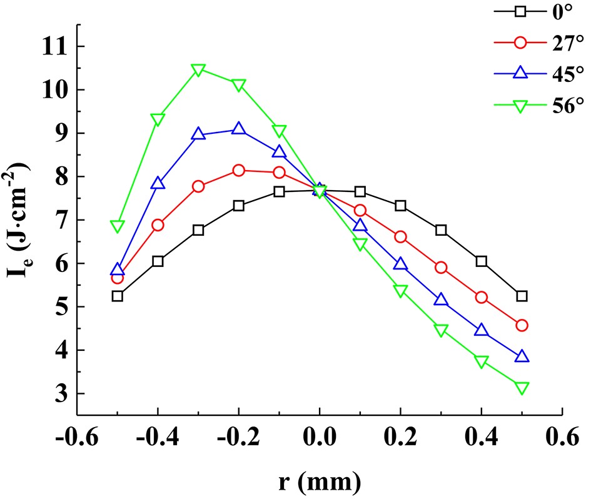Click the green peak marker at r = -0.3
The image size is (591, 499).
(x=198, y=69)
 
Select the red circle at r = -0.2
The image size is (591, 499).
(x=238, y=170)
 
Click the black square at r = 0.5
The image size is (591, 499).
(x=522, y=296)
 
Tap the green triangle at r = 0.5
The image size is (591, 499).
(x=522, y=388)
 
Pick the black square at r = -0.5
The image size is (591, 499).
(x=117, y=296)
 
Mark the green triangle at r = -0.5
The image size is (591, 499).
(x=117, y=226)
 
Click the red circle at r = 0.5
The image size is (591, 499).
(x=522, y=325)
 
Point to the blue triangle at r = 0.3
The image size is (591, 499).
(x=441, y=300)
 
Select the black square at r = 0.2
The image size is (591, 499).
(x=400, y=206)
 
